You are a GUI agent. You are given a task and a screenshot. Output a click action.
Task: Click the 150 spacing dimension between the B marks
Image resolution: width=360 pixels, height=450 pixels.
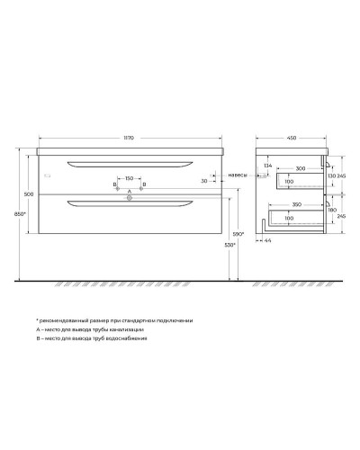129,179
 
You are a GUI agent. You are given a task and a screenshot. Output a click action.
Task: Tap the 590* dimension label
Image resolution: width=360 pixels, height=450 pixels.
238,234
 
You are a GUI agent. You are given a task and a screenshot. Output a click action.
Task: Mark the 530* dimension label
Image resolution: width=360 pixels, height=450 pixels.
229,245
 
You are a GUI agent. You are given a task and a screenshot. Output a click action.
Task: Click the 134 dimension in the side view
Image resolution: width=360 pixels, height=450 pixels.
267,166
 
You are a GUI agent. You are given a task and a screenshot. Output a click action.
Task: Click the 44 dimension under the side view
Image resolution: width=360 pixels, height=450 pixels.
269,241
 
